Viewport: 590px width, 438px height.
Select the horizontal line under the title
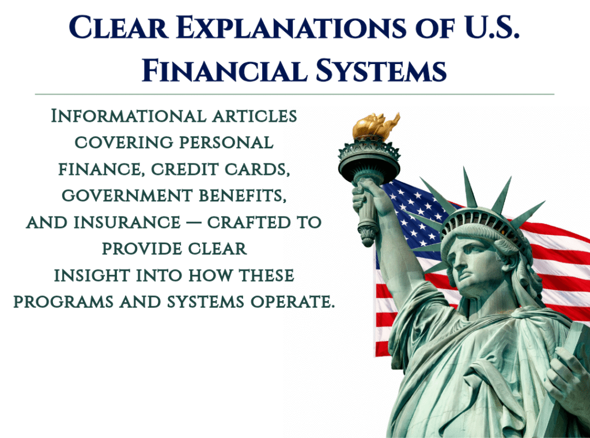(x=294, y=93)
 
